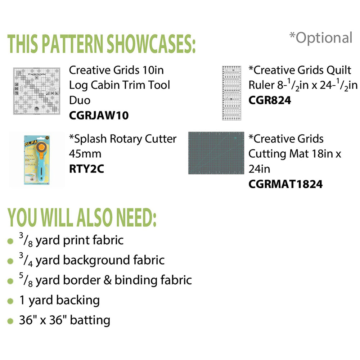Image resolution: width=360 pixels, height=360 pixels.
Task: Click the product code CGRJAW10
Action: click(99, 116)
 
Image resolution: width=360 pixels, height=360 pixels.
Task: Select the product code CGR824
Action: click(270, 100)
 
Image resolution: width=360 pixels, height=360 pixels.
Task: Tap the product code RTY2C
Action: click(86, 169)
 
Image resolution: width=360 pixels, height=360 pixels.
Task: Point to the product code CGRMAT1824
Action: click(285, 184)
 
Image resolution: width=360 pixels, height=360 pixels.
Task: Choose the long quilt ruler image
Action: click(231, 93)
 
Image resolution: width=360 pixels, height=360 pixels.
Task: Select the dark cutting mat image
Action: click(215, 153)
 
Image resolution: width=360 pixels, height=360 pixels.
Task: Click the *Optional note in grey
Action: click(320, 37)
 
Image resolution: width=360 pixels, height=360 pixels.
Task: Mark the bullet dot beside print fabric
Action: click(10, 241)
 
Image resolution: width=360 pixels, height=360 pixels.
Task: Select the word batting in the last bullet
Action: click(90, 320)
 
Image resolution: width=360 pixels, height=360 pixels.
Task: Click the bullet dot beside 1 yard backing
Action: click(10, 300)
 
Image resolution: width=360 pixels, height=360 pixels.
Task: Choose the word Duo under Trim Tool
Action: click(80, 100)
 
